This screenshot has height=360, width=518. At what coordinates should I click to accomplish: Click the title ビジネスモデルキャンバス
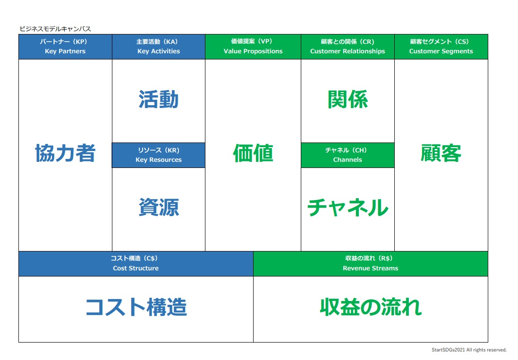pos(55,29)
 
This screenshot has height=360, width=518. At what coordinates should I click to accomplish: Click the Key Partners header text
pos(65,51)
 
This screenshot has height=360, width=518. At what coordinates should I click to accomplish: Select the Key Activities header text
pos(159,51)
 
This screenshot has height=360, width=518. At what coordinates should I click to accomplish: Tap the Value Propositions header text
pos(253,51)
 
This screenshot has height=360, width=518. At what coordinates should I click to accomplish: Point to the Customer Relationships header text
pos(348,51)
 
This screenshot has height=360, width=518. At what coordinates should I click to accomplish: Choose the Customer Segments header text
pos(441,51)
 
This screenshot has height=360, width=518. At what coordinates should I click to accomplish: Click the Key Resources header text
pos(159,159)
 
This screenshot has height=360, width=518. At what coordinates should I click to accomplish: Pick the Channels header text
pos(348,159)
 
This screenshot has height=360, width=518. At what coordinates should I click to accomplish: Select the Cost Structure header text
pos(136,268)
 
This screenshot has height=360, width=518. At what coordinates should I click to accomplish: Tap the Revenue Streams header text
pos(370,268)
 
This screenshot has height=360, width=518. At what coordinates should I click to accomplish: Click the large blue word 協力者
pos(66,153)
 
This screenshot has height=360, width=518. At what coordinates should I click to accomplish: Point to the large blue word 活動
pos(159,99)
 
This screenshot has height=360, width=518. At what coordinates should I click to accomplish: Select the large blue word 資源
pos(159,207)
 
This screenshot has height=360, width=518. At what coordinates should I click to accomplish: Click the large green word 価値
pos(253,153)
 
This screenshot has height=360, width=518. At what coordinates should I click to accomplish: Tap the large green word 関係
pos(348,99)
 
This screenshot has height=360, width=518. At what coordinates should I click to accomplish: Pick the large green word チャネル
pos(348,207)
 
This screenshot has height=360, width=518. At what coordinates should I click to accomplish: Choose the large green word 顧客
pos(441,153)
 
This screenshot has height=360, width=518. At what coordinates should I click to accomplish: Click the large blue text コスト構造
pos(136,307)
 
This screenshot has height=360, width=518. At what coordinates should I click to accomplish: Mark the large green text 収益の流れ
pos(371,307)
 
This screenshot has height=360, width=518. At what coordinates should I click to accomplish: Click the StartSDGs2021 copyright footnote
pos(469,350)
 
